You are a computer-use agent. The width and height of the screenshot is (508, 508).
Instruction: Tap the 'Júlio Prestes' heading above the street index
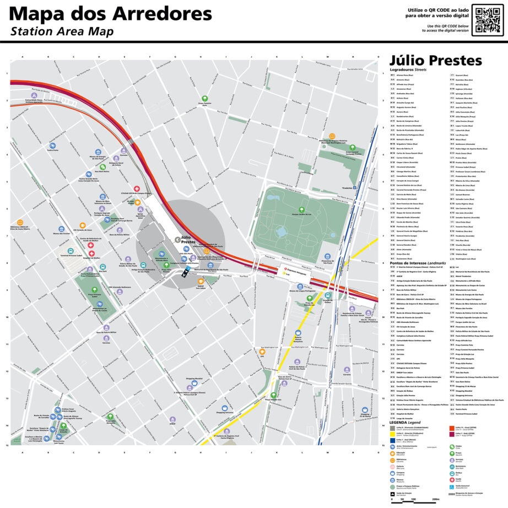[x=435, y=61]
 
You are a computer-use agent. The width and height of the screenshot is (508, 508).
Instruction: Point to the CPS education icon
[x=262, y=352]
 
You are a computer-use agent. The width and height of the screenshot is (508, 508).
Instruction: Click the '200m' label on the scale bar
[x=436, y=500]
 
